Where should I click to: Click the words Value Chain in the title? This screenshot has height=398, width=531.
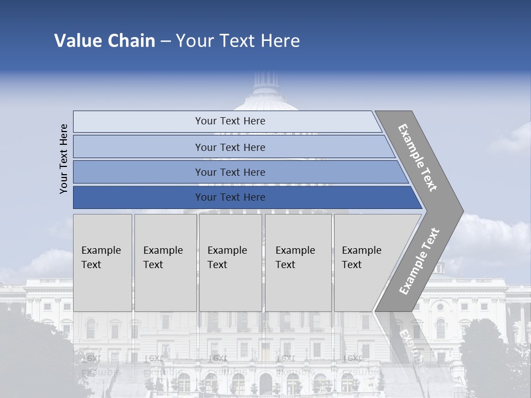click(105, 41)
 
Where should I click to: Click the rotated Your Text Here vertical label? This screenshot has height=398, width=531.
click(64, 159)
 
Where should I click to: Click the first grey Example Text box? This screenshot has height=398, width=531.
click(102, 263)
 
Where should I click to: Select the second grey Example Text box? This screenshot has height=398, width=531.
click(165, 263)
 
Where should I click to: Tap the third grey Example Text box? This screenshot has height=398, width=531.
click(230, 263)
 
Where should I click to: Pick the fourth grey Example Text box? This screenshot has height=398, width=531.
click(298, 263)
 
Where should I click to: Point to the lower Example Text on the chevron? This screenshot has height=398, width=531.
click(419, 261)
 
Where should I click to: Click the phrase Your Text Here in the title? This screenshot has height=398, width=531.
click(238, 41)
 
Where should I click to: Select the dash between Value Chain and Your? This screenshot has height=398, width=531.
click(165, 41)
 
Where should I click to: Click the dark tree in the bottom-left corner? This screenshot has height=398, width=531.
click(33, 354)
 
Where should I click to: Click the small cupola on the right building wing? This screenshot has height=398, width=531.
click(440, 269)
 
